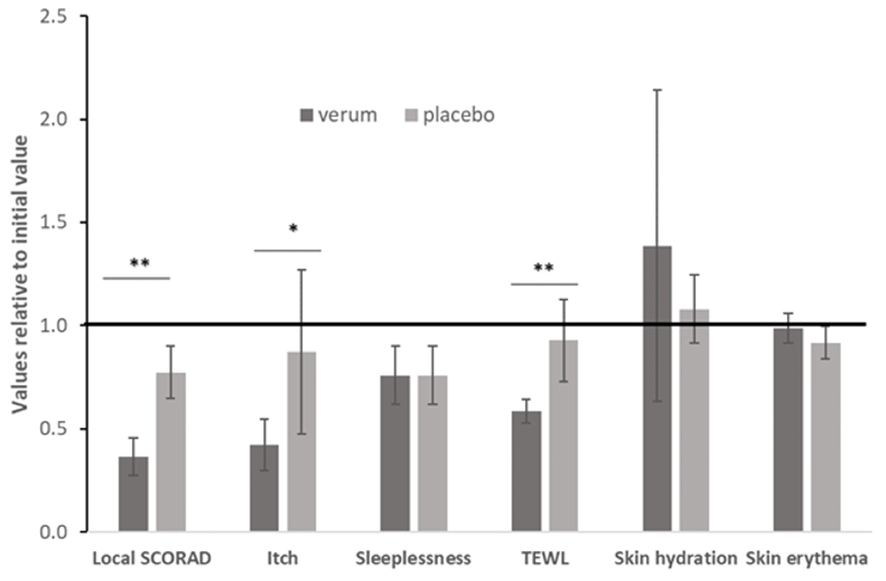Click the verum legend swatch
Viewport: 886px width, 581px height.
(307, 115)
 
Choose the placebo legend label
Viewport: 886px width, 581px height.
(459, 115)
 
